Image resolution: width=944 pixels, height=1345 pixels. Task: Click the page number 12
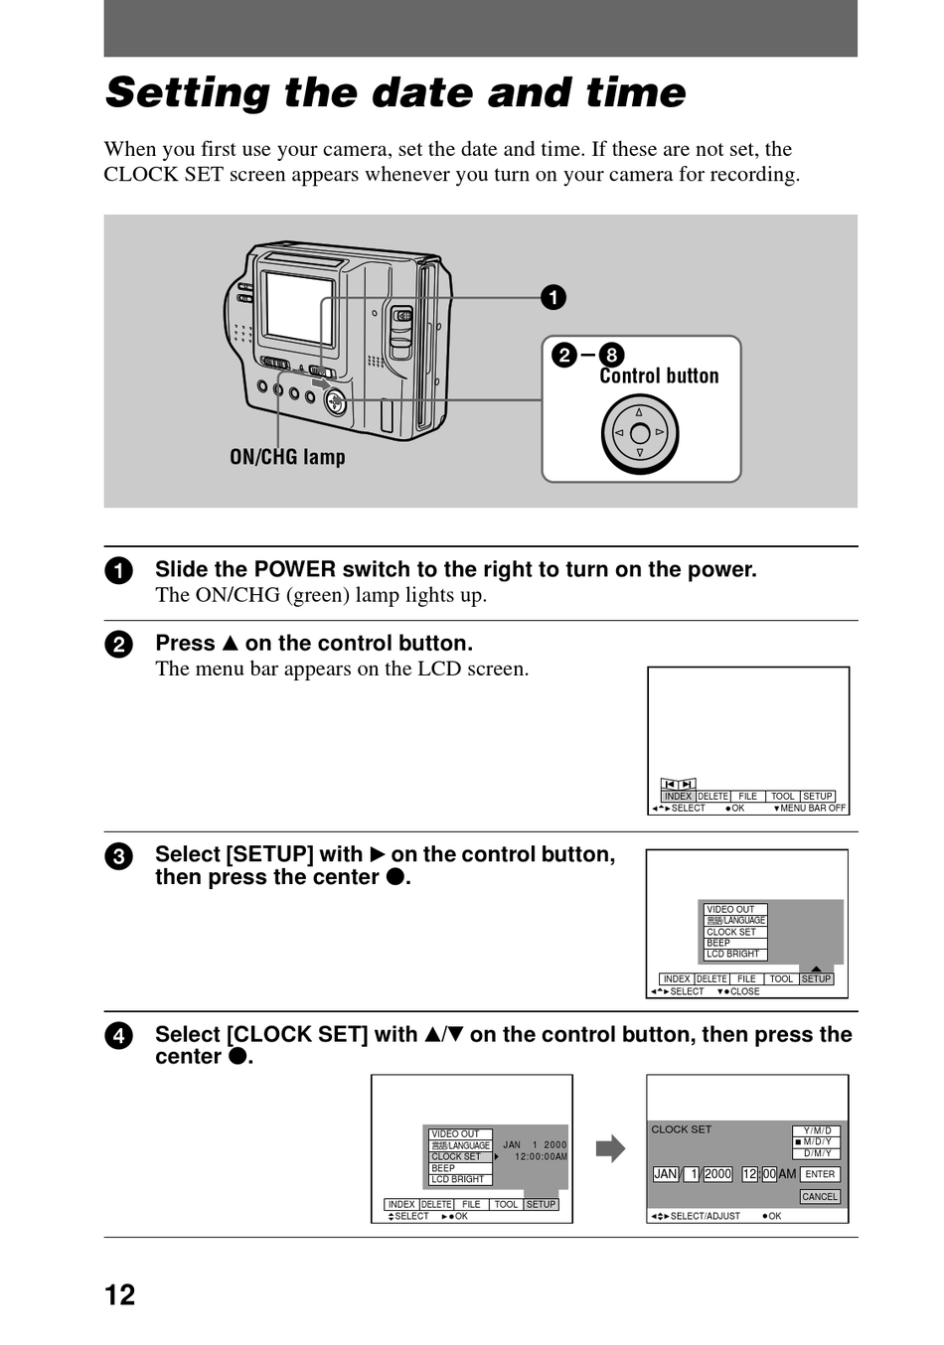pos(119,1294)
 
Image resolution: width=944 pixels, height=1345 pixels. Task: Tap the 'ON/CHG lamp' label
pos(287,457)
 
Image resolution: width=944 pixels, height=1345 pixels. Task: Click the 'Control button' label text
pos(659,375)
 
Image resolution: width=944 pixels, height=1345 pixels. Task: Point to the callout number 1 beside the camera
pos(553,297)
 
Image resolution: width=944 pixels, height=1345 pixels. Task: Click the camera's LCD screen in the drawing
pos(299,307)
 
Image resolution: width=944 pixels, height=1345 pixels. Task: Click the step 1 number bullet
pos(118,571)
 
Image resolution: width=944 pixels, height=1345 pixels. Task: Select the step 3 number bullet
pos(118,856)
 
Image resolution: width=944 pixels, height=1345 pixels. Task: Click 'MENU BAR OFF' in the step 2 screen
pos(812,809)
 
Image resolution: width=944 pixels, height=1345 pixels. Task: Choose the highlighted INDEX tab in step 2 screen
pos(678,797)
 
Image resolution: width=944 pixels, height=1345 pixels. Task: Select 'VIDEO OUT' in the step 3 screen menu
pos(730,909)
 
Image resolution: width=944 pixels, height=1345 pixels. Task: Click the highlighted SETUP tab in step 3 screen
pos(816,978)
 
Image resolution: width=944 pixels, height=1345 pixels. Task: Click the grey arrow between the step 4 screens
pos(610,1148)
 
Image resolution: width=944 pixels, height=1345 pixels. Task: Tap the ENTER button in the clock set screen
pos(820,1174)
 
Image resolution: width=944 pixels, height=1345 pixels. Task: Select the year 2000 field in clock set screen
pos(717,1174)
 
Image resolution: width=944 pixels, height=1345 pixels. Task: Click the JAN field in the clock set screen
pos(665,1174)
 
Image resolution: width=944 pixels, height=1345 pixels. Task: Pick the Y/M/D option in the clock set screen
pos(817,1130)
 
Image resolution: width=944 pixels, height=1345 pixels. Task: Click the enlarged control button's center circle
pos(640,433)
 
